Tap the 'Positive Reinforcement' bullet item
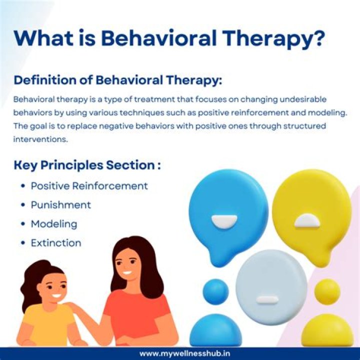point(89,186)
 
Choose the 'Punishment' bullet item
point(60,205)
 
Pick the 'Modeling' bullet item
point(54,224)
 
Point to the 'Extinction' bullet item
point(55,243)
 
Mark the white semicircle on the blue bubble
point(224,221)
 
